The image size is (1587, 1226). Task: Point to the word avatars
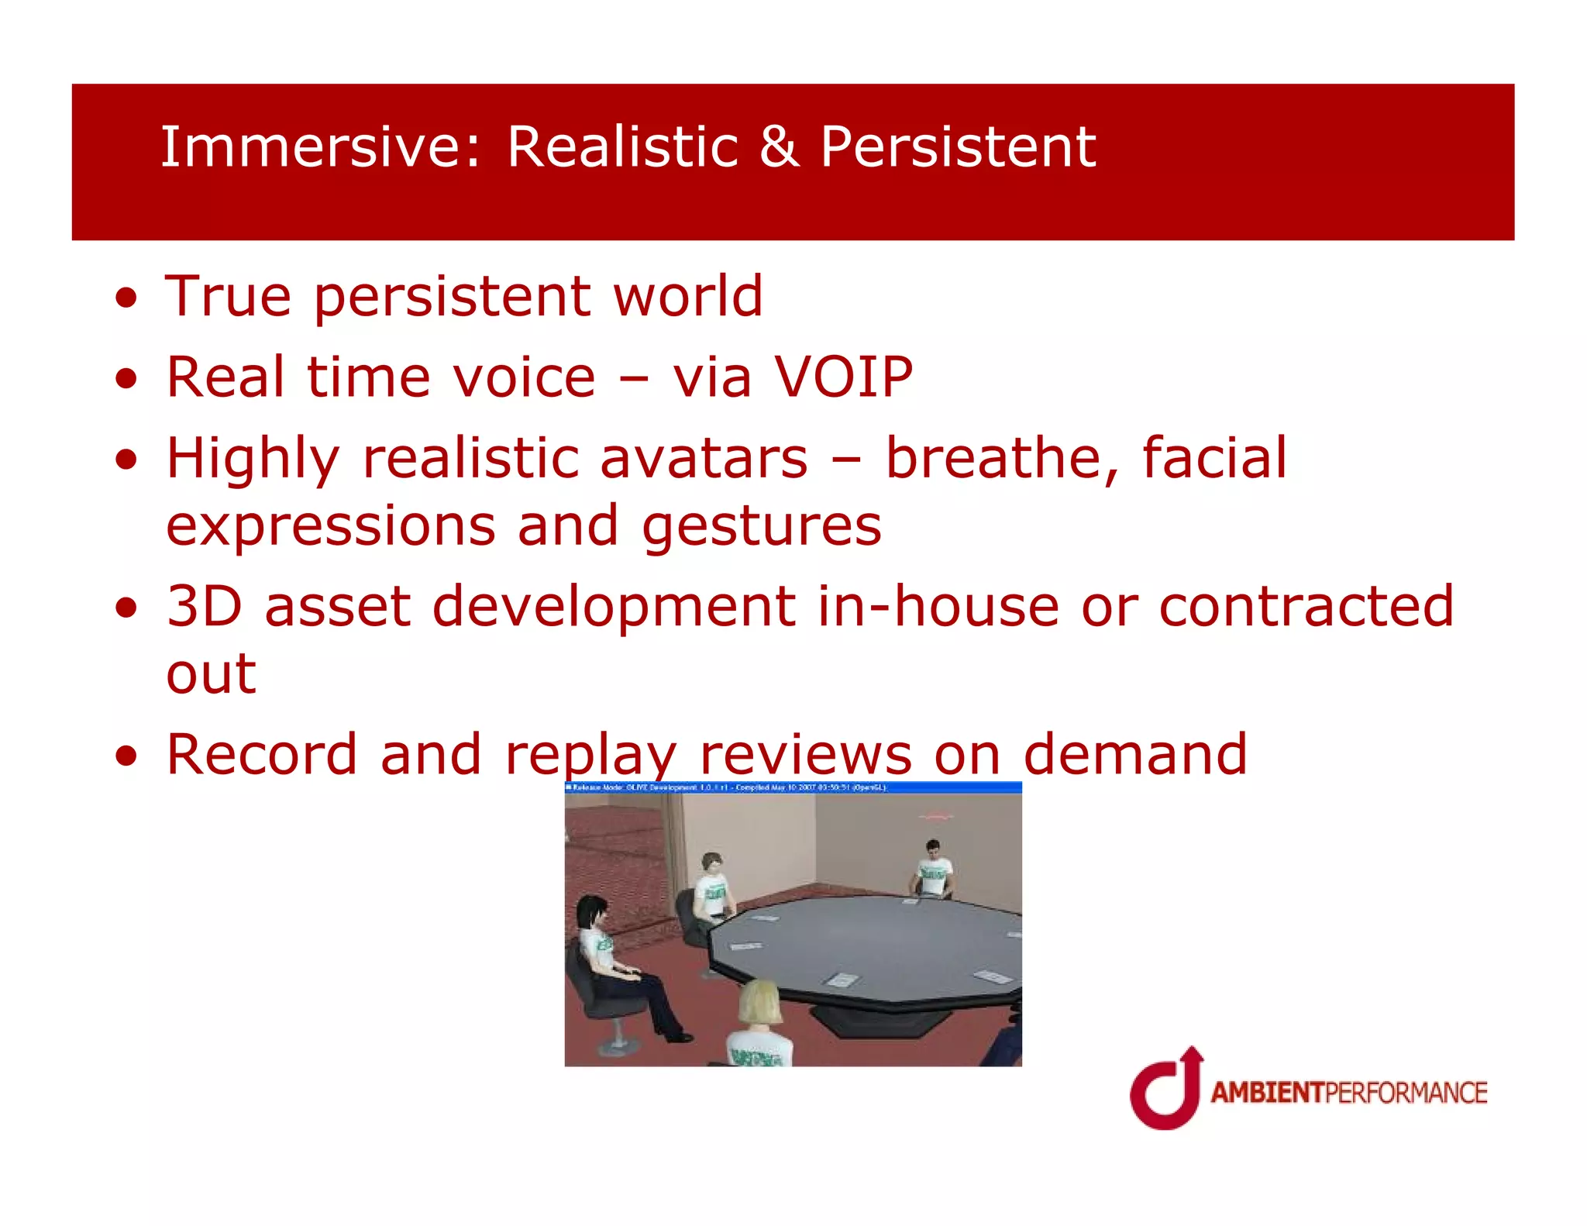point(704,458)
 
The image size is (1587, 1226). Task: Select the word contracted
point(1306,606)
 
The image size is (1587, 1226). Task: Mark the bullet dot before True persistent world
point(126,298)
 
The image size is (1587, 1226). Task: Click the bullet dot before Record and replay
point(126,756)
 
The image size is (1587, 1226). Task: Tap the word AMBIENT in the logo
point(1267,1093)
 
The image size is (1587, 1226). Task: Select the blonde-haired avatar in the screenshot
point(759,1023)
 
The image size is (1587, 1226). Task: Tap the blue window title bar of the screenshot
point(793,787)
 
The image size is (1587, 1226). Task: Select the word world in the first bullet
point(687,297)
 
